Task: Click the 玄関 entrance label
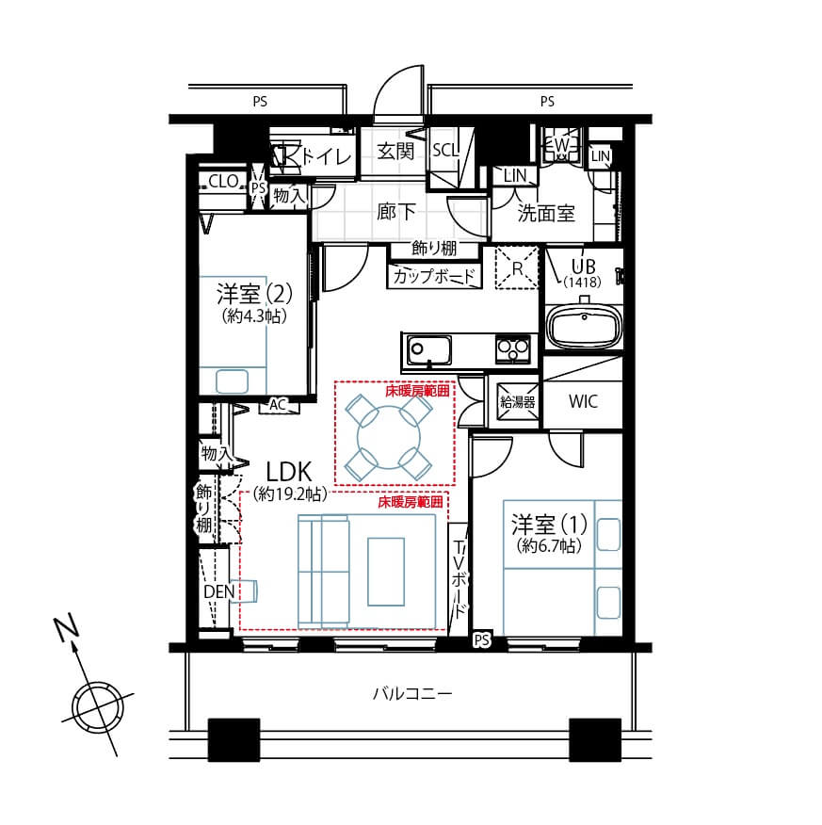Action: pyautogui.click(x=395, y=152)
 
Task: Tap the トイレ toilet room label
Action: pyautogui.click(x=325, y=156)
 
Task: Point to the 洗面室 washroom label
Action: pyautogui.click(x=546, y=213)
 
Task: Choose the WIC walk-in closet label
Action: pyautogui.click(x=582, y=401)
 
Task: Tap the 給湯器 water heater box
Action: pyautogui.click(x=517, y=401)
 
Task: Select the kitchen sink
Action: pyautogui.click(x=429, y=350)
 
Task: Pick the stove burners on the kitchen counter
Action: pyautogui.click(x=513, y=349)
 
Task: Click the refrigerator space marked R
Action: pyautogui.click(x=516, y=267)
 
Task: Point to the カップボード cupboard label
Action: pyautogui.click(x=434, y=277)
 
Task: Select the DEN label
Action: pyautogui.click(x=219, y=591)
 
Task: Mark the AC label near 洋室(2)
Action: pyautogui.click(x=277, y=405)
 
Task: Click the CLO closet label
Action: pyautogui.click(x=223, y=182)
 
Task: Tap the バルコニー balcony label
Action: pyautogui.click(x=411, y=695)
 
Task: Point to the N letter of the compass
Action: pyautogui.click(x=64, y=629)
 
